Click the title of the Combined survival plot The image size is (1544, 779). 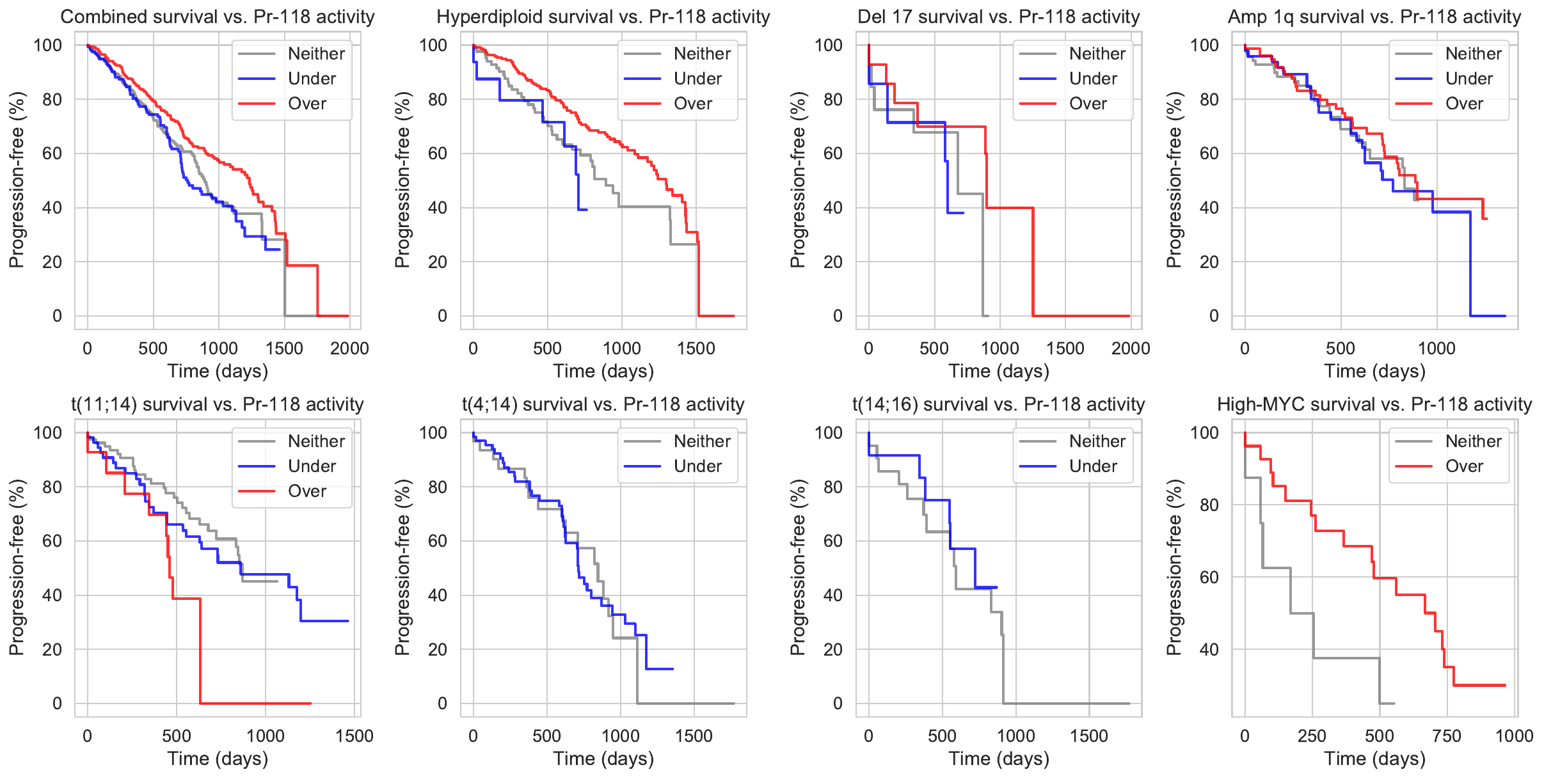coord(218,17)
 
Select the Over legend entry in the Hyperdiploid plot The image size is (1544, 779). coord(693,104)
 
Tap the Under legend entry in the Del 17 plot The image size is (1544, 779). coord(1093,79)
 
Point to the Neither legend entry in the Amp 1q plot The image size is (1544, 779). coord(1473,54)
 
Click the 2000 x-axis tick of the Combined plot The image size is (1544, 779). coord(349,349)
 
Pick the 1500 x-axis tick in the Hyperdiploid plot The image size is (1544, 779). coord(696,349)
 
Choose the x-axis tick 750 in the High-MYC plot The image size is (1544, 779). coord(1447,736)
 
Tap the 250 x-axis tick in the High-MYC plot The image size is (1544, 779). coord(1312,736)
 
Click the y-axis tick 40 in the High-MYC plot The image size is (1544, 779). coord(1209,650)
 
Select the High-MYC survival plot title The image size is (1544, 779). coord(1374,404)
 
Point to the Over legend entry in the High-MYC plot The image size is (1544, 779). coord(1464,466)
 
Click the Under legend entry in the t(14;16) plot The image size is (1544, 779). coord(1093,466)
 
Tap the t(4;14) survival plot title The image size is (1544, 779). coord(603,404)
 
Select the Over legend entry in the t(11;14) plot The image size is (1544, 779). coord(307,491)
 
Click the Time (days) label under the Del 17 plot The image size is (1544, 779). coord(999,372)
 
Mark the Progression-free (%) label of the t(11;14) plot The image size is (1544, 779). coord(17,567)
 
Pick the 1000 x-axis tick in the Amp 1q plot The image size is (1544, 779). coord(1437,349)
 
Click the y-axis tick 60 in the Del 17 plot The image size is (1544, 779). coord(832,153)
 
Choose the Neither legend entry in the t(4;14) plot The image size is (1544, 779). coord(702,441)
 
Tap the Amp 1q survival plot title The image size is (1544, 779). coord(1374,17)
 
